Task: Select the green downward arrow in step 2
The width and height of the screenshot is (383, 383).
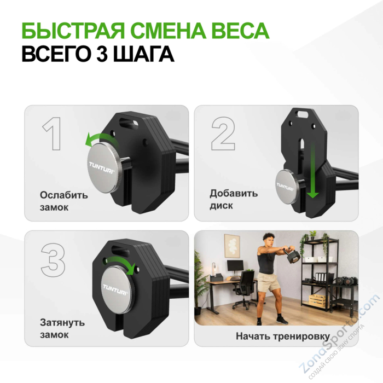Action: [312, 170]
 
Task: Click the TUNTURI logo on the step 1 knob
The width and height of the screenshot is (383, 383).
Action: [102, 164]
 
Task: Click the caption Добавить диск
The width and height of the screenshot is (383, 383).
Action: [233, 199]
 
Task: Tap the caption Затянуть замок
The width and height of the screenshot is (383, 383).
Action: [62, 328]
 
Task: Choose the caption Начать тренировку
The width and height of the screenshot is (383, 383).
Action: [282, 336]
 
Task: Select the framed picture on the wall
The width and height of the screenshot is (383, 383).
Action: [233, 246]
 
